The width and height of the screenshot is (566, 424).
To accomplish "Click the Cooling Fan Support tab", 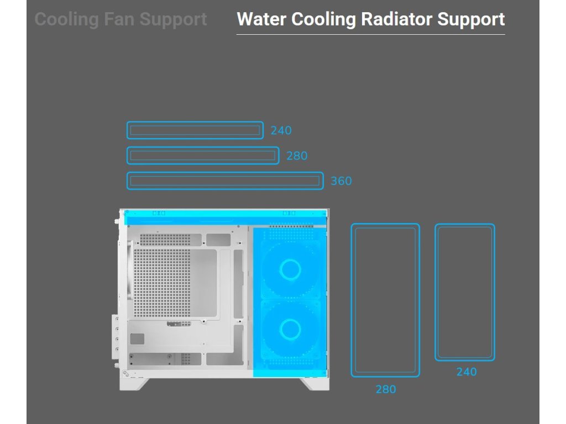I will point(120,19).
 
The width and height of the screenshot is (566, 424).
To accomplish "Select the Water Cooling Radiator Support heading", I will point(370,19).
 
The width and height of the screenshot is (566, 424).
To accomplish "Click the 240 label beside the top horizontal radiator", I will point(281,131).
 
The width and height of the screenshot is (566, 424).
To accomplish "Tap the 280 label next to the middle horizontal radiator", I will point(297,156).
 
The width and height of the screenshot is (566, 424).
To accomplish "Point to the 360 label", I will point(341,181).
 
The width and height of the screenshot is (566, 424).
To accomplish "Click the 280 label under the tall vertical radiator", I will point(386,390).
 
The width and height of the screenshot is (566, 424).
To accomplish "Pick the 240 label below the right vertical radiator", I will point(467,372).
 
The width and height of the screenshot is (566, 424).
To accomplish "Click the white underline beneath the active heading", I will point(370,34).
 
